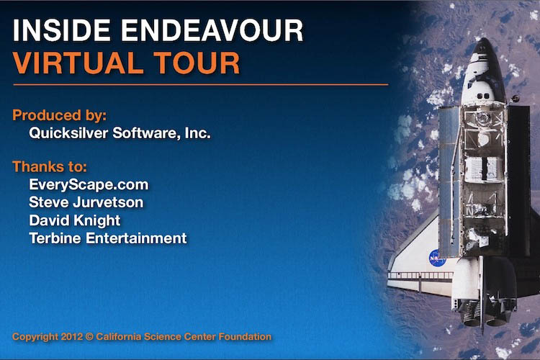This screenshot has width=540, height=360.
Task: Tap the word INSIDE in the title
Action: [x=55, y=30]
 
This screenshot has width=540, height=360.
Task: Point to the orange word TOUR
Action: [x=195, y=63]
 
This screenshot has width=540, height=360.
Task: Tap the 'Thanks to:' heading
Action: [x=50, y=167]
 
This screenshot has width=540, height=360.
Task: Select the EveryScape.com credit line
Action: [x=89, y=184]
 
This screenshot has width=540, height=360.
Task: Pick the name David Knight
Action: [x=75, y=220]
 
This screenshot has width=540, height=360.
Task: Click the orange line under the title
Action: [x=200, y=85]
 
